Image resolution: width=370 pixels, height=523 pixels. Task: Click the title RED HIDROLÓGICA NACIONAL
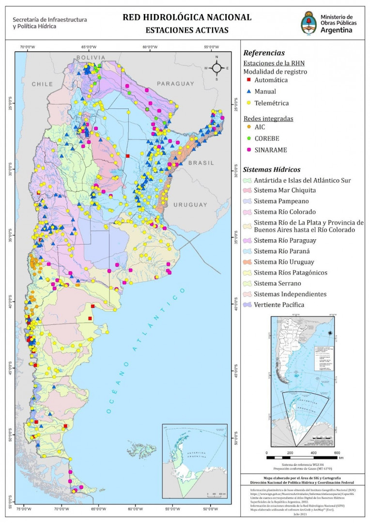point(187,17)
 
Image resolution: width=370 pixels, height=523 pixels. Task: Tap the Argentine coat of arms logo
point(309,22)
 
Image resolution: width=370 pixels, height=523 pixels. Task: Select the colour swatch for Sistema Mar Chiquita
point(247,190)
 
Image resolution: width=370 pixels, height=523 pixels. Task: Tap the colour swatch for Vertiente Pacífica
point(247,305)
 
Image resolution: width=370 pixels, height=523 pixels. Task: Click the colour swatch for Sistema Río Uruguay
point(247,262)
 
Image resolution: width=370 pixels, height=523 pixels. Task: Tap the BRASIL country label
point(201,163)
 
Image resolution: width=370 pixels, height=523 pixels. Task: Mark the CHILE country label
point(42,84)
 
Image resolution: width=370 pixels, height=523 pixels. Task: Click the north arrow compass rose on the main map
point(217,68)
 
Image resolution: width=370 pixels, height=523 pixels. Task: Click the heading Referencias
point(264,53)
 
